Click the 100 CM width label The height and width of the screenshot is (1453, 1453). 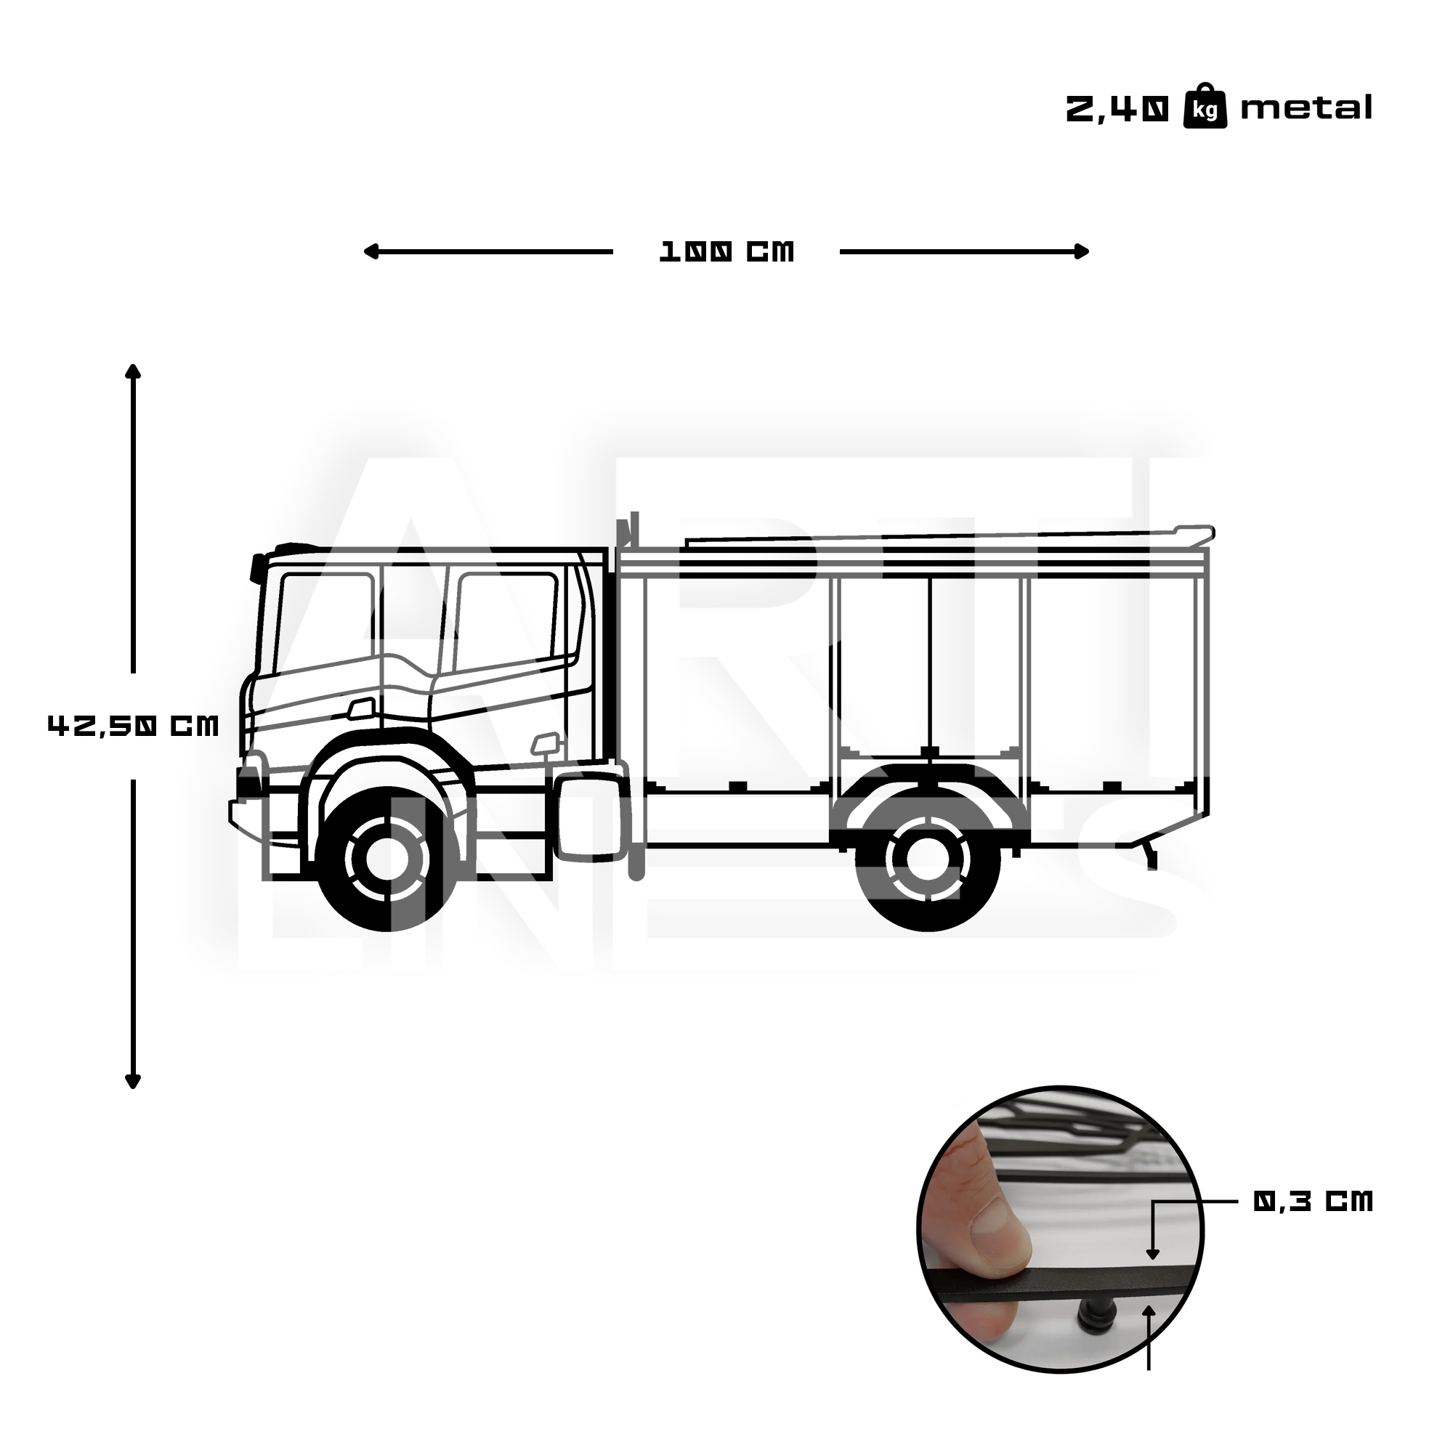tap(726, 252)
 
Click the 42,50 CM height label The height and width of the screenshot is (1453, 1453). tap(133, 726)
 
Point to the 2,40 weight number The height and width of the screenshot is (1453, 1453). tap(1117, 110)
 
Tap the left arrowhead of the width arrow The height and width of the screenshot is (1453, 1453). tap(368, 252)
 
